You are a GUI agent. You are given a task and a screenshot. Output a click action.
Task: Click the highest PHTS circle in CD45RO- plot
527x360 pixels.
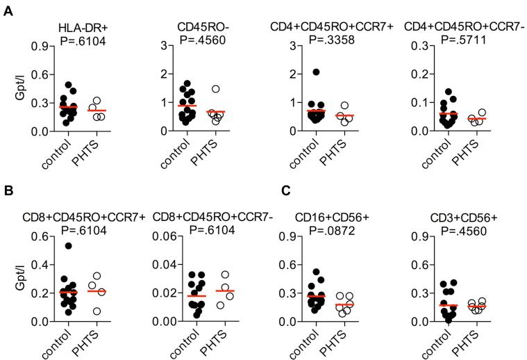216,89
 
